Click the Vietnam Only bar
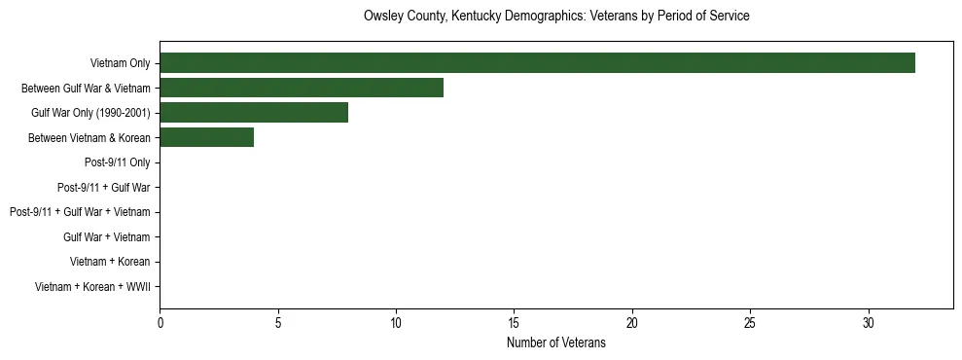point(537,63)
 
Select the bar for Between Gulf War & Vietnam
point(302,88)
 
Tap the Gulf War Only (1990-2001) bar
point(254,113)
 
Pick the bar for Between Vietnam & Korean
point(206,137)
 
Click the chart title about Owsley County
point(556,17)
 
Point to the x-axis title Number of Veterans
point(556,343)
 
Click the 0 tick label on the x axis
point(160,322)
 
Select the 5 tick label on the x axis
point(278,322)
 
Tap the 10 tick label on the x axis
point(396,322)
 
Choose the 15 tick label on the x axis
point(515,322)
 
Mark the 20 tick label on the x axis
point(632,322)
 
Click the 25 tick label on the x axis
point(750,322)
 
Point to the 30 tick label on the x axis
point(869,322)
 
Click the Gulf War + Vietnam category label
point(106,236)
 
